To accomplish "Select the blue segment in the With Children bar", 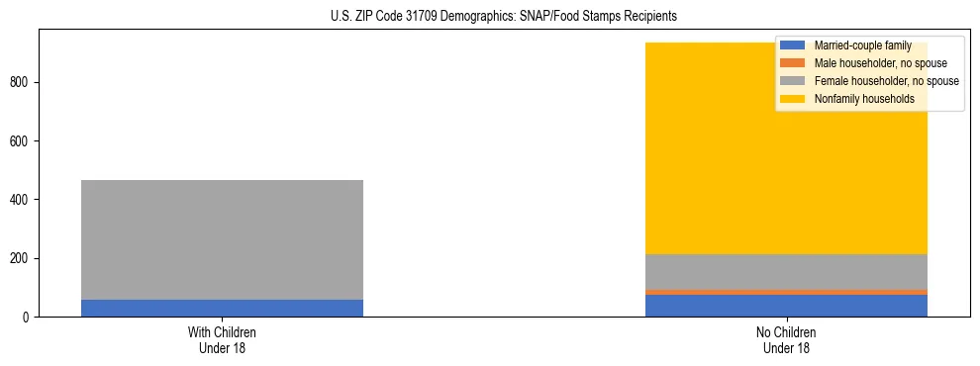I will tap(222, 308).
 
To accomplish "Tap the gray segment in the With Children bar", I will tap(222, 239).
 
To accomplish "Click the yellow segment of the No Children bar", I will tap(693, 148).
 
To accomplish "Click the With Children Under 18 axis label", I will tap(222, 339).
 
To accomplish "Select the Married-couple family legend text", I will tap(862, 46).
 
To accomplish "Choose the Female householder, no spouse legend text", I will tap(886, 81).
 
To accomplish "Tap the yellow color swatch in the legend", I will tap(793, 99).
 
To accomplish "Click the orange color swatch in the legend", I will tap(793, 63).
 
